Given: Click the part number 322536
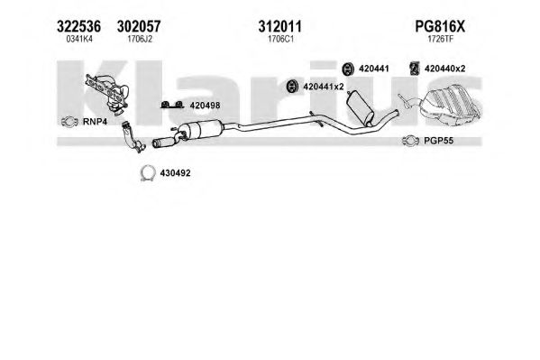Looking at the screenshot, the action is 78,26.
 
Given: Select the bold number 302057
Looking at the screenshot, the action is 139,26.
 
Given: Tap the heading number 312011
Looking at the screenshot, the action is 280,26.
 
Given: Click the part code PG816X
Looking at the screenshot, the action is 440,26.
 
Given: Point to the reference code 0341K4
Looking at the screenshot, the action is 79,39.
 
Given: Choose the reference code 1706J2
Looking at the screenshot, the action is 140,39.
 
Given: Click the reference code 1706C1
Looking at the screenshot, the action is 280,39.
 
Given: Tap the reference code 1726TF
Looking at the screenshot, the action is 441,39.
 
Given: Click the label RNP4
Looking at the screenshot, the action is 95,122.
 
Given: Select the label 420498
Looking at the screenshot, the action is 205,106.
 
